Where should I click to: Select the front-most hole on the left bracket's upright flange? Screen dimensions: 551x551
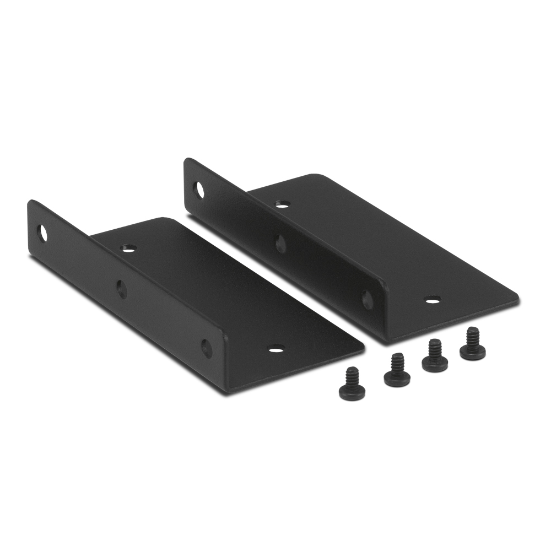(206, 347)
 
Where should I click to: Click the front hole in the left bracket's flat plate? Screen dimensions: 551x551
(277, 349)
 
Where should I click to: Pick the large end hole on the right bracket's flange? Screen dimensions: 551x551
(199, 190)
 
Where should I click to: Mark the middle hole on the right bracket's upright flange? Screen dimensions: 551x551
(280, 243)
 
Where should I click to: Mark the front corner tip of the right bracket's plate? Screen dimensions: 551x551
(517, 300)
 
